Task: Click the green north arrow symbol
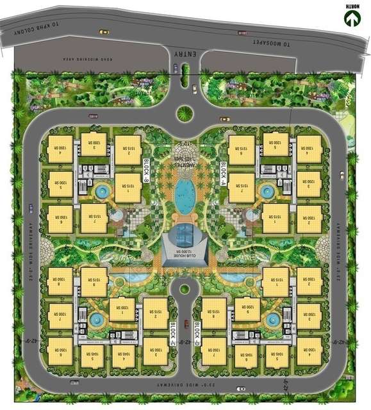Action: coord(351,19)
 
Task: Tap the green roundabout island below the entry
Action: coord(185,113)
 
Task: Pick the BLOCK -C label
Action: coord(173,332)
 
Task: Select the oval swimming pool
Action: coord(185,193)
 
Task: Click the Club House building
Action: coord(185,247)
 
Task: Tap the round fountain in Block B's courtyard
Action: coord(101,191)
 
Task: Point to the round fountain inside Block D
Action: coord(272,318)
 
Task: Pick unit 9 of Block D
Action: coord(247,308)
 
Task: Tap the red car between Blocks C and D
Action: coord(186,324)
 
